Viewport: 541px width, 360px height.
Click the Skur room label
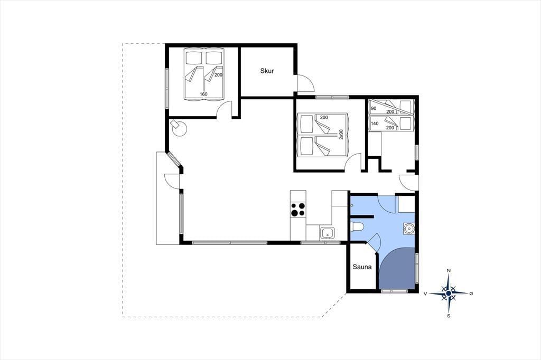click(267, 71)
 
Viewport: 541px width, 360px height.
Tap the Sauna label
click(362, 267)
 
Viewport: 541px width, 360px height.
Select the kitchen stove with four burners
click(298, 210)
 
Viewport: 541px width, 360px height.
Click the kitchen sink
click(327, 233)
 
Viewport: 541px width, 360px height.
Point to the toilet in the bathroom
click(357, 227)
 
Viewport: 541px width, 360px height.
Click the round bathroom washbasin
click(409, 228)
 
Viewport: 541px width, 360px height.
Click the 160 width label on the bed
click(203, 94)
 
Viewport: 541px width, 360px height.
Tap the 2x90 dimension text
click(341, 134)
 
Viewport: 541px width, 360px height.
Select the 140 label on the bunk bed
click(375, 124)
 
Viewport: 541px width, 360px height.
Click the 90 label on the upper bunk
click(374, 108)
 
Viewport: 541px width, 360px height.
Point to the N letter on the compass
click(449, 271)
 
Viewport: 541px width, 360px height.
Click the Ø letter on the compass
click(471, 293)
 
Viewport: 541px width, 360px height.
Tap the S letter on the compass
click(449, 316)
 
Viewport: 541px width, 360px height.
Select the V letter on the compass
click(425, 293)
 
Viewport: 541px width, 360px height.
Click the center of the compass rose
click(448, 293)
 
